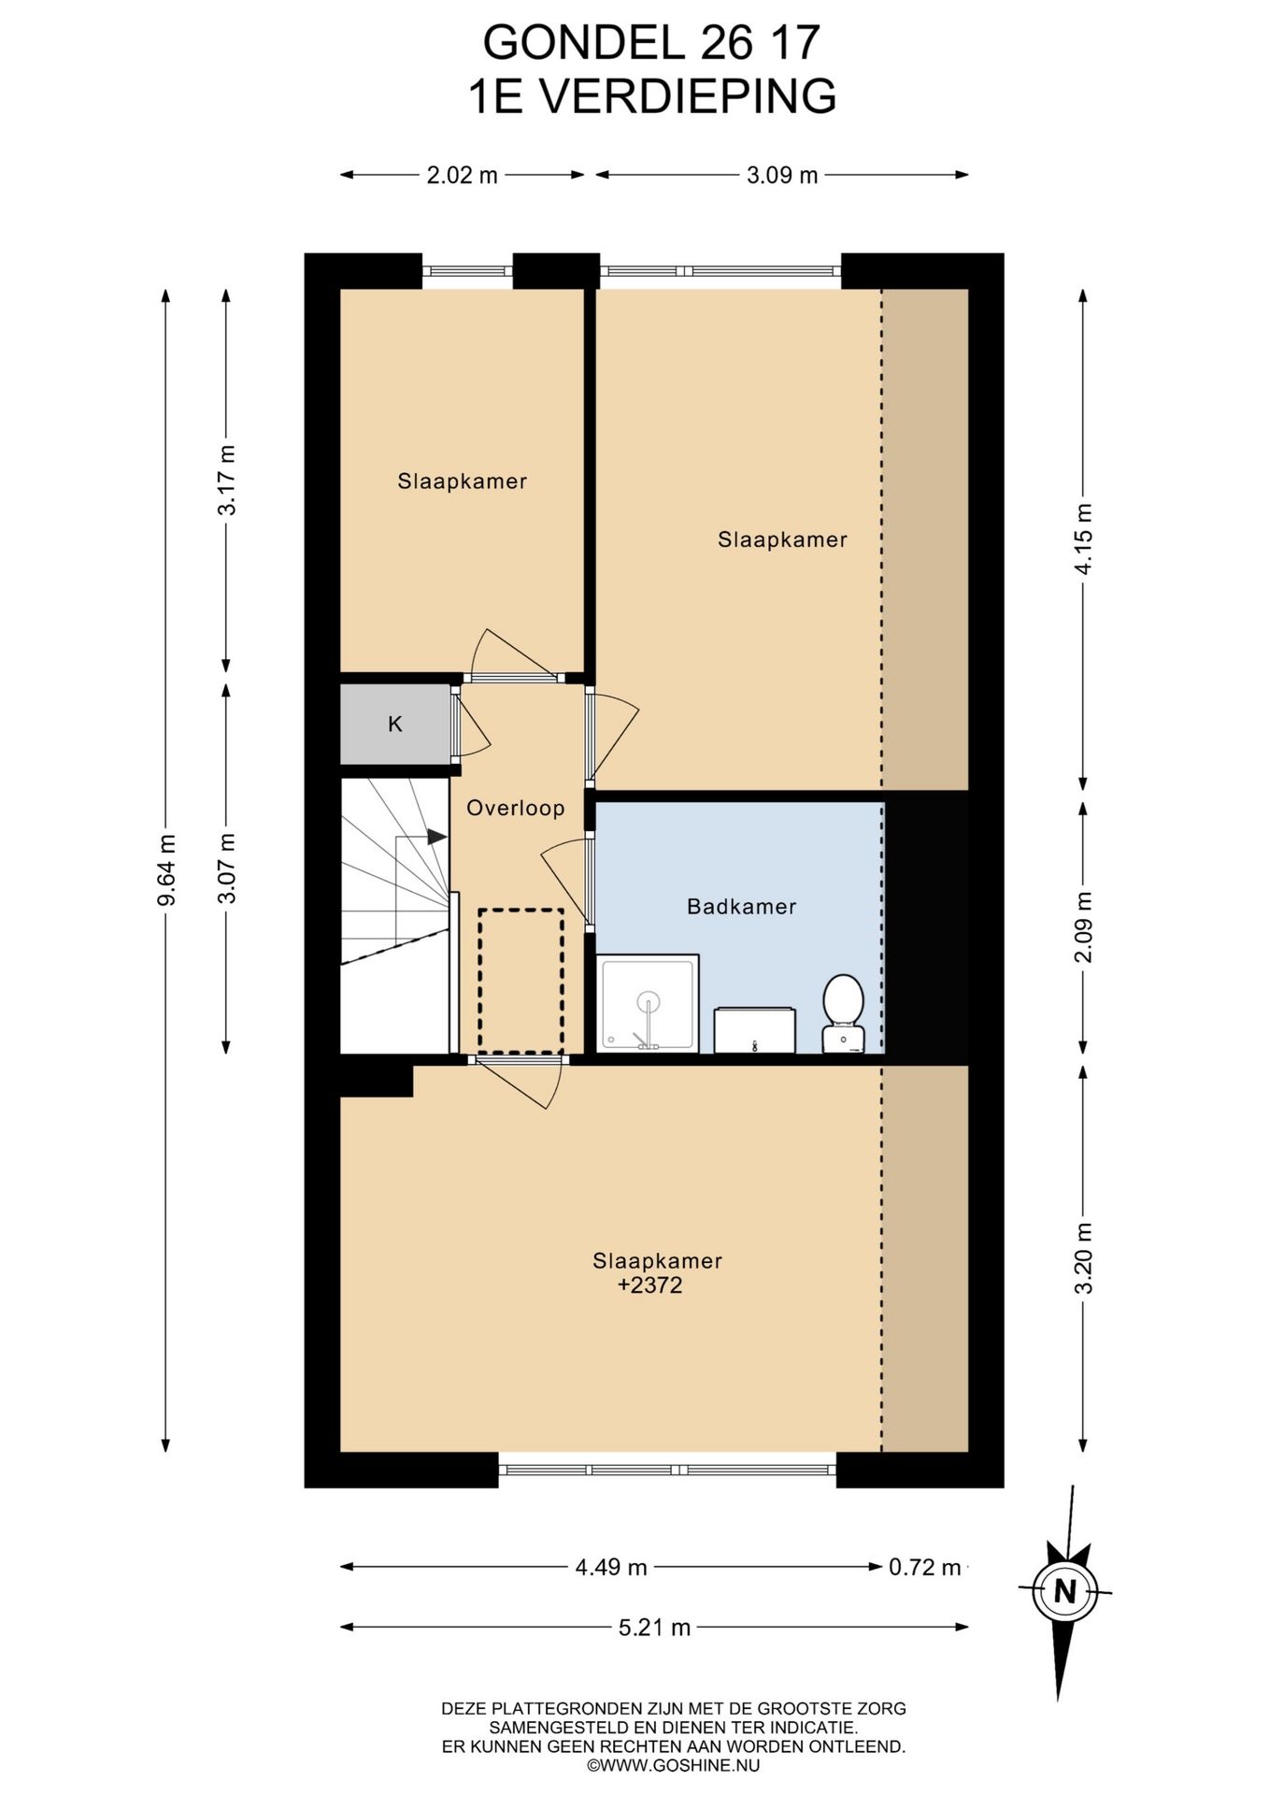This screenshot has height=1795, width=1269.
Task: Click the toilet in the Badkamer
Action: click(844, 1013)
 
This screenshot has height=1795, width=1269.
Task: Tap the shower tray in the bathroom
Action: click(648, 1003)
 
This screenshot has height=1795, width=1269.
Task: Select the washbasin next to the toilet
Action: click(755, 1030)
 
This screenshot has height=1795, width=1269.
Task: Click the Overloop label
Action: click(516, 808)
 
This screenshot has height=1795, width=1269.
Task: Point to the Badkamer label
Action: click(742, 906)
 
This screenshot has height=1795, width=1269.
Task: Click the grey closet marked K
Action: click(395, 725)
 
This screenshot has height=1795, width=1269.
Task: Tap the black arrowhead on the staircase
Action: click(436, 837)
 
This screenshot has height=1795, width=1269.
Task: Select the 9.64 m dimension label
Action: click(166, 869)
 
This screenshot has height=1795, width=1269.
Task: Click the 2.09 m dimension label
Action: click(1083, 926)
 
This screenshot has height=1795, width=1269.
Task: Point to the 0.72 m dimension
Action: click(925, 1567)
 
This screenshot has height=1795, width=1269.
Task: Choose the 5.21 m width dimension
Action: click(654, 1628)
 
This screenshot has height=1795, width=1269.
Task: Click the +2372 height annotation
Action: click(650, 1285)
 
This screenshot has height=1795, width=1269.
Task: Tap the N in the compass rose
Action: click(1065, 1590)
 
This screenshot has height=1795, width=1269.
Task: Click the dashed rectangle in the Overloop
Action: click(521, 981)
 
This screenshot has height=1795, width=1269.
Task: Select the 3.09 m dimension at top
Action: click(782, 175)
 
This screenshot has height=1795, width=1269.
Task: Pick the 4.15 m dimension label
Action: click(1083, 539)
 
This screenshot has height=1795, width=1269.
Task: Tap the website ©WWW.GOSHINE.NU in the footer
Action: click(674, 1766)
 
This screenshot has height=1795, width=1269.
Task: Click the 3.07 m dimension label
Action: click(226, 868)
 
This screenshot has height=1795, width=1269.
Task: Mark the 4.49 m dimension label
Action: click(611, 1567)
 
